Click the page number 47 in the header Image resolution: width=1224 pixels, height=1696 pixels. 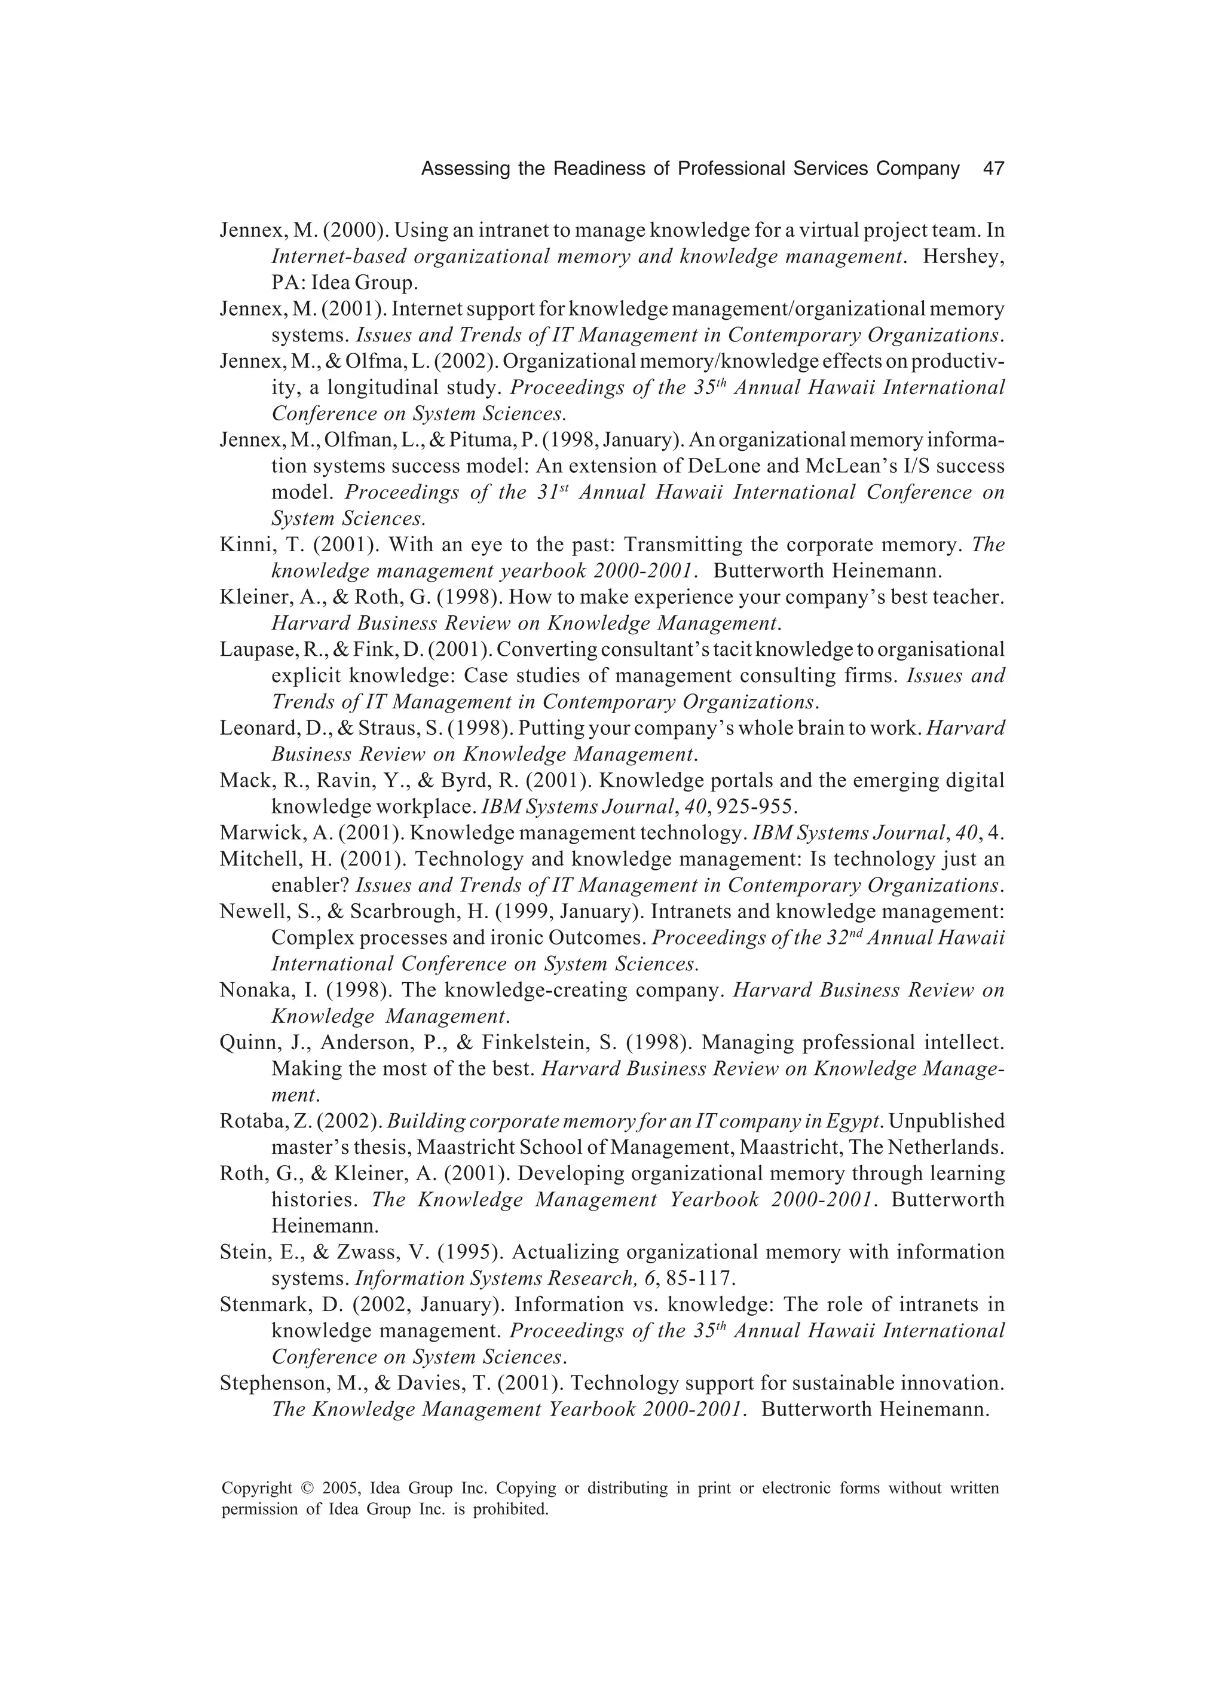tap(993, 169)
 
